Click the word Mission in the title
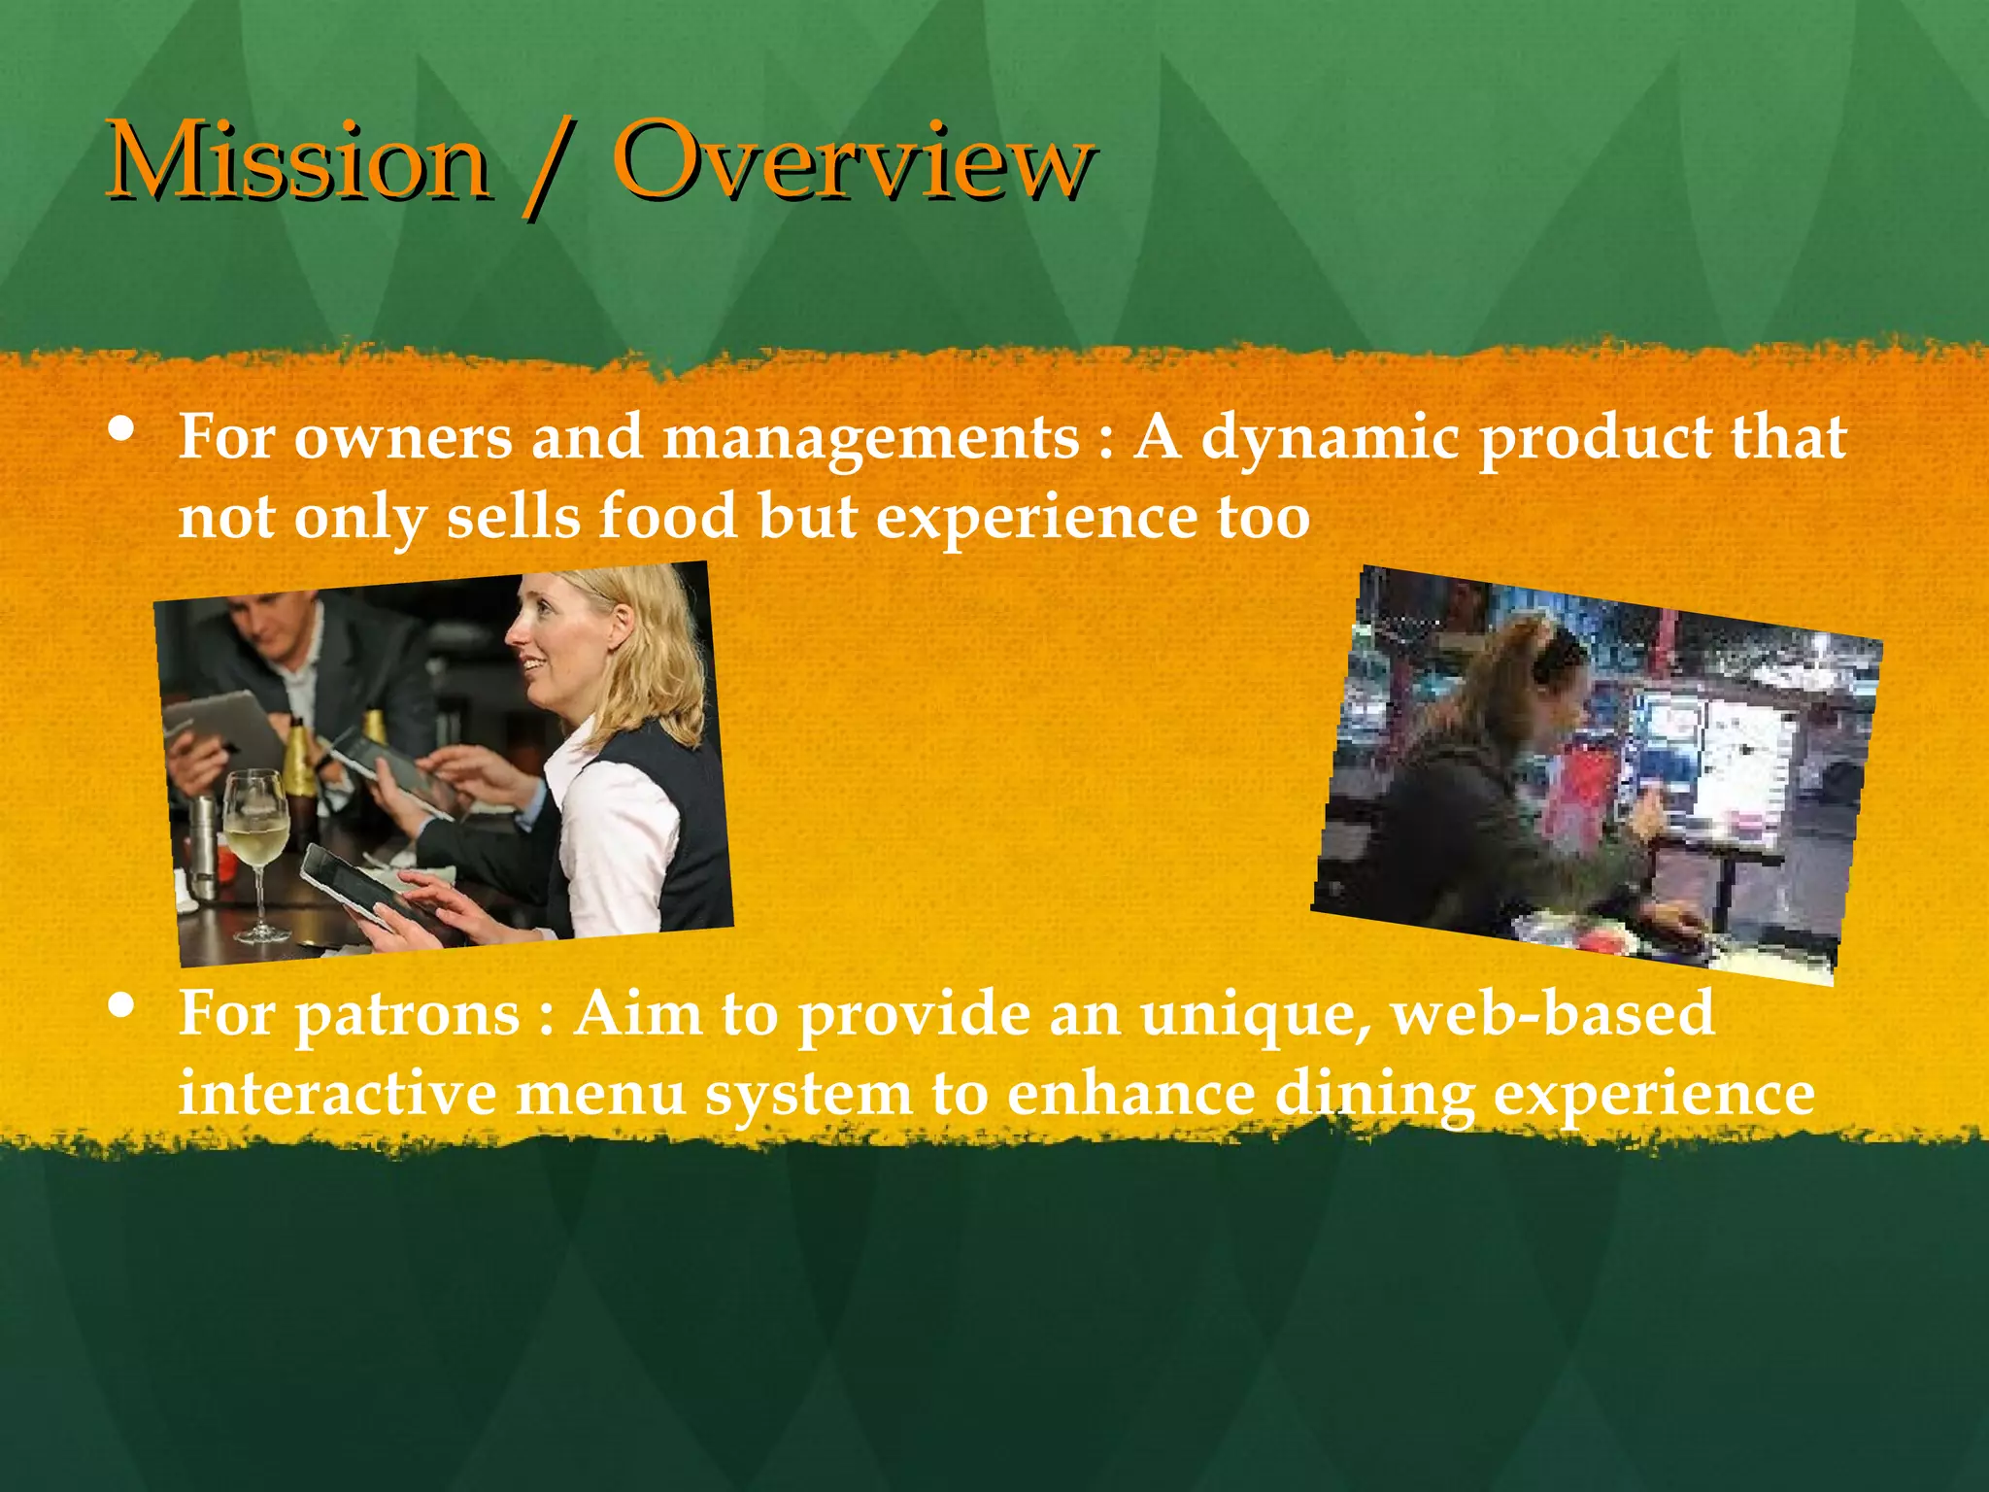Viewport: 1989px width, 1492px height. point(296,160)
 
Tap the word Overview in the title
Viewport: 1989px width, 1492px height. point(855,160)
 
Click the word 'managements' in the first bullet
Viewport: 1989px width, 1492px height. point(869,437)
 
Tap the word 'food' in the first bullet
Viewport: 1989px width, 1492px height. point(667,516)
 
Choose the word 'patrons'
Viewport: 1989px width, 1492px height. point(407,1016)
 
